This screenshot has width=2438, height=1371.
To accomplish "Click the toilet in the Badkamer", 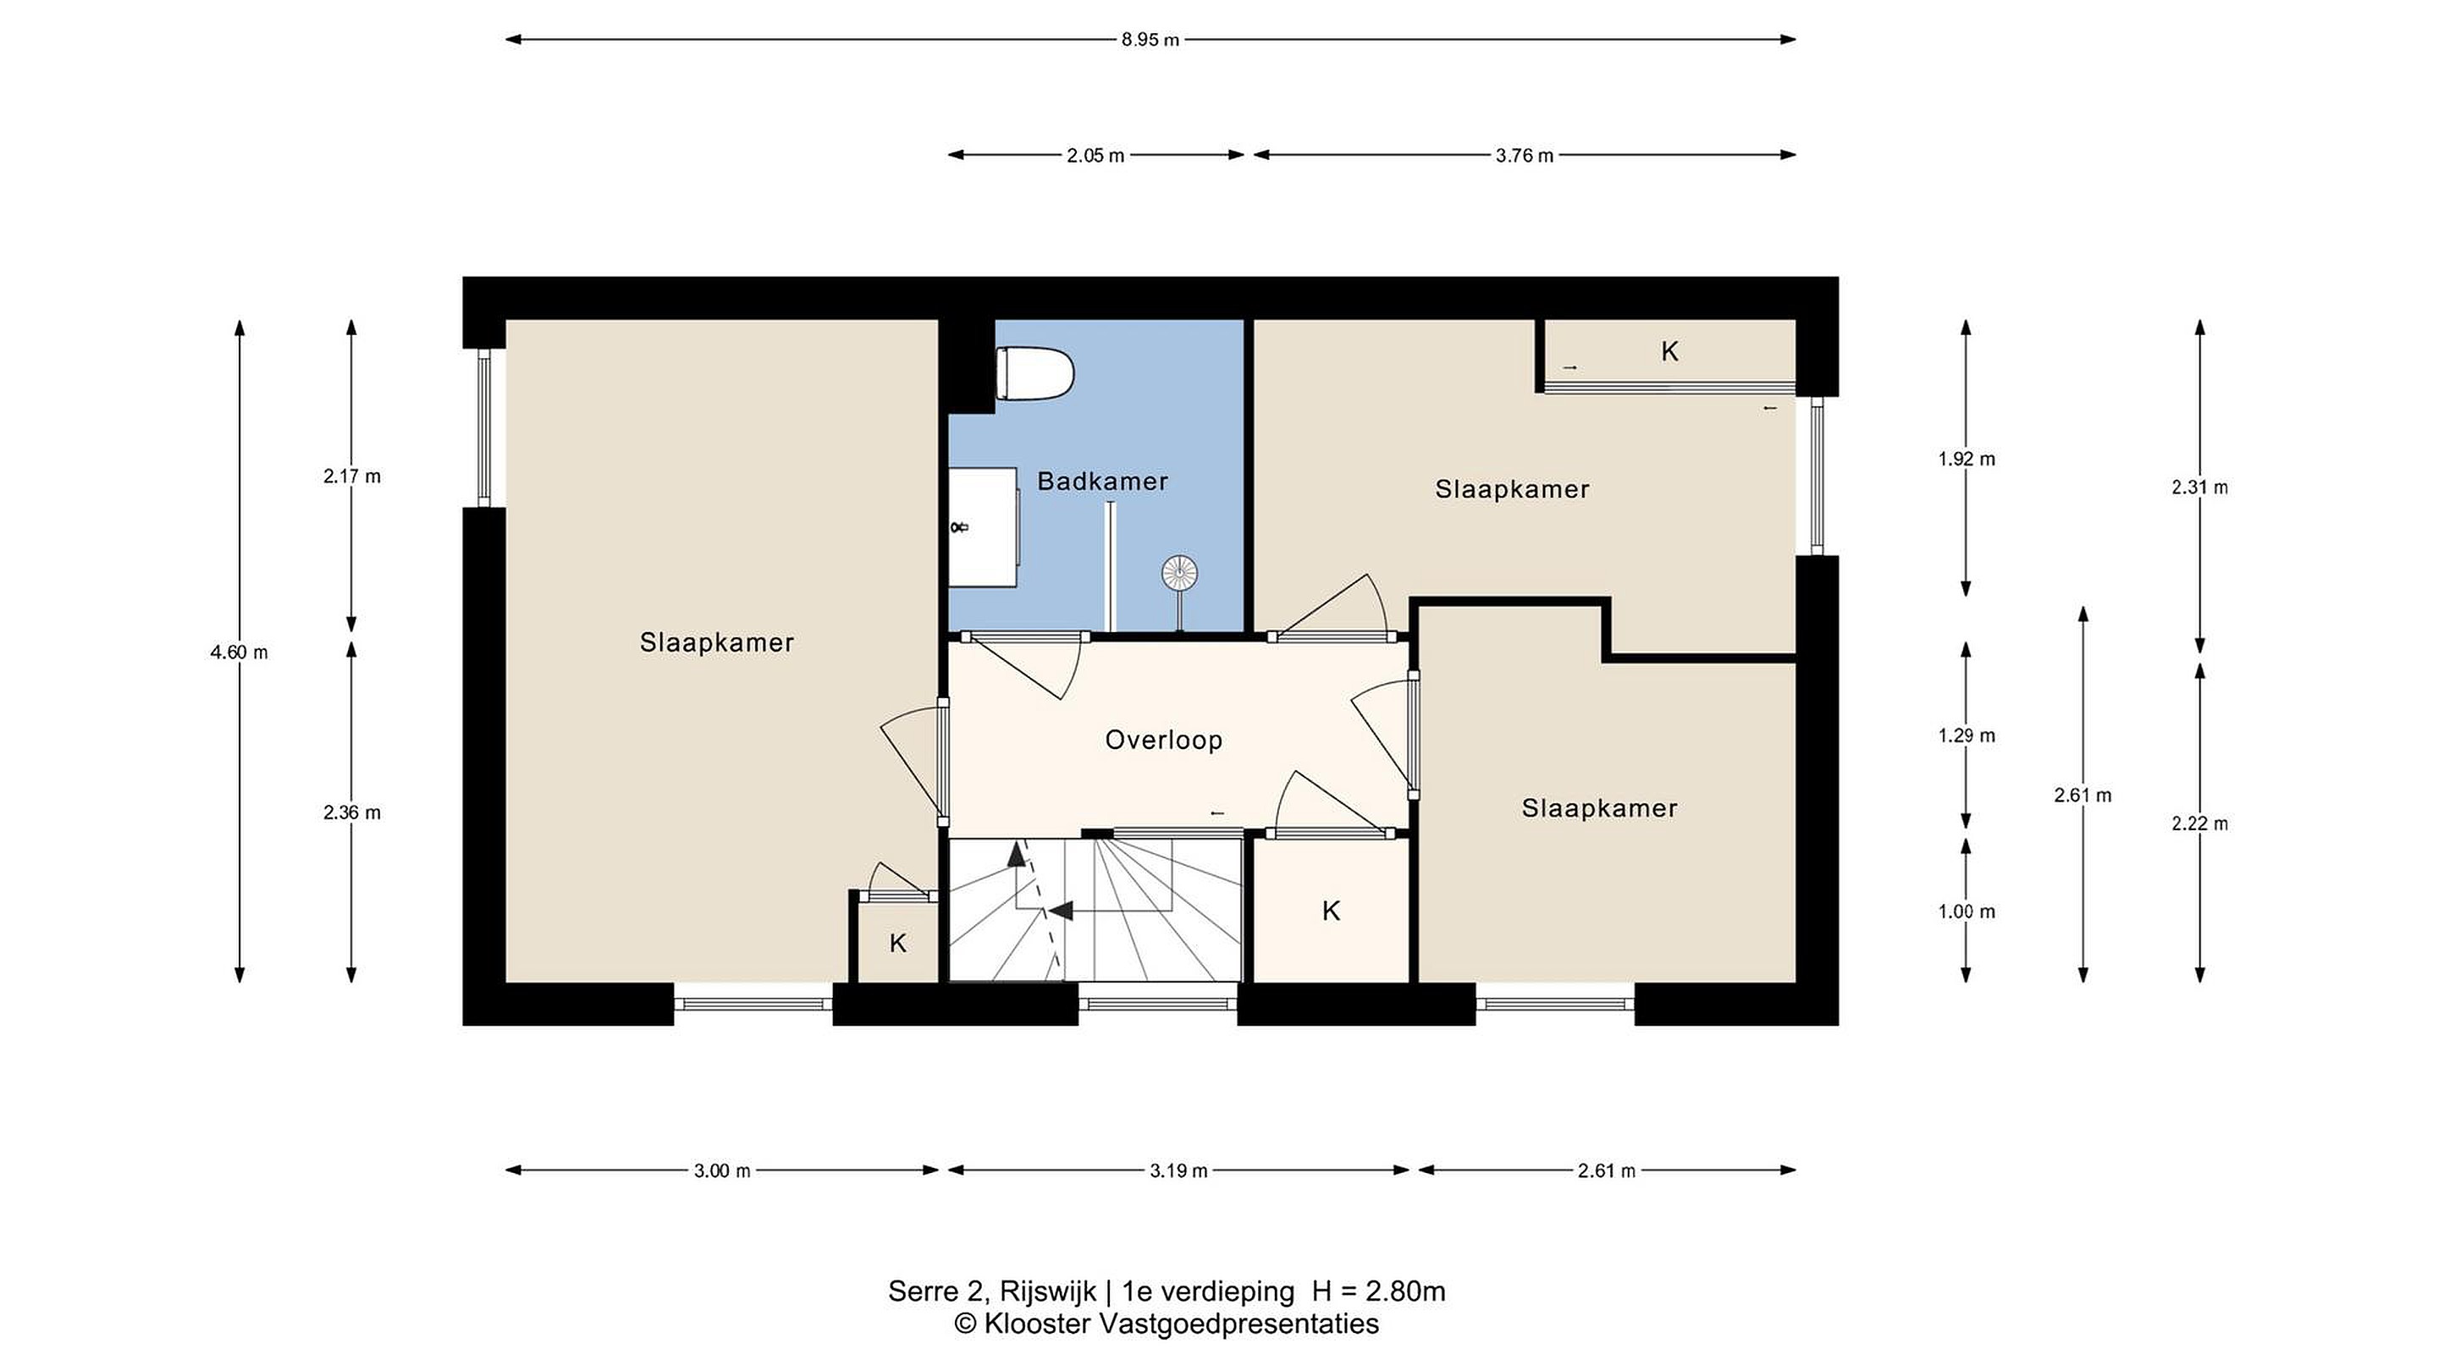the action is [x=1035, y=374].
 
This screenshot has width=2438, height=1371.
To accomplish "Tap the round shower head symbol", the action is [x=1179, y=572].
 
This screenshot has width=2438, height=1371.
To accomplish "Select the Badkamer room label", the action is [x=1102, y=482].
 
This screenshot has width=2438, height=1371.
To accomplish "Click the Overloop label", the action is [x=1163, y=740].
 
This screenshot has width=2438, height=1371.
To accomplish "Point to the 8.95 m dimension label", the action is [x=1151, y=40].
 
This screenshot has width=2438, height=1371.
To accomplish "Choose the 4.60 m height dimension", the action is [x=240, y=652].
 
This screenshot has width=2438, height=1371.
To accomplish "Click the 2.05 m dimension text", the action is [x=1096, y=156].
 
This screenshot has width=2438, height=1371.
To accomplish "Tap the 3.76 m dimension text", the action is [x=1525, y=156].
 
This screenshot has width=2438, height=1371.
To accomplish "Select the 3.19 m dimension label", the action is [x=1178, y=1171].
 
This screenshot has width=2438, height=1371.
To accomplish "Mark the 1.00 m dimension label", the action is [x=1966, y=912].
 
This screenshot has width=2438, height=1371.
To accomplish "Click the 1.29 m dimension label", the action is [x=1966, y=736].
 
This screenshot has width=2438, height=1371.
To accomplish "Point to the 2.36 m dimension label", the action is [x=352, y=812].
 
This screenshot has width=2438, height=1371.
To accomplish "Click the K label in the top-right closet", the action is [x=1669, y=352].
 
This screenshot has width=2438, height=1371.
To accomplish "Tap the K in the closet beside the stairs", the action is [x=1331, y=911].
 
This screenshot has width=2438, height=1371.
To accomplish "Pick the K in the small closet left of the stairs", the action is [x=898, y=944].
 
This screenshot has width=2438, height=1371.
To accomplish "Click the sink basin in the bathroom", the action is [x=985, y=526].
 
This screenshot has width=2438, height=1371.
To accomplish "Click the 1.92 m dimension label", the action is [x=1966, y=460].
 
